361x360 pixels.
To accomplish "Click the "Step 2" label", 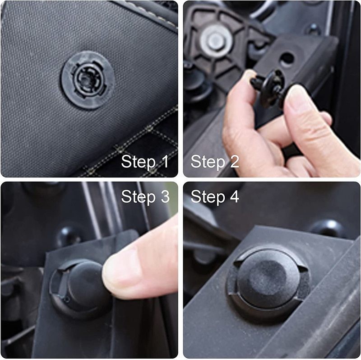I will (214, 162).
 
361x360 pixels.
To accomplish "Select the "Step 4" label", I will (214, 196).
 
